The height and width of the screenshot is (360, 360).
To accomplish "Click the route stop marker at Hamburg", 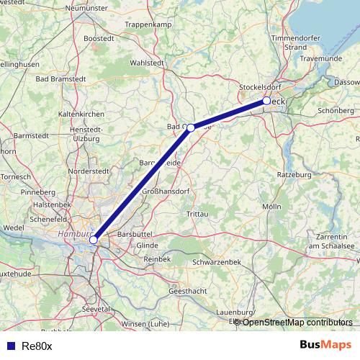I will coord(94,240).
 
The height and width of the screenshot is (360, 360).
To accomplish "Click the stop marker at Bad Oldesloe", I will coord(191,127).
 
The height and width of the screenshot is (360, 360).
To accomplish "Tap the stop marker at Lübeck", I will coord(266,101).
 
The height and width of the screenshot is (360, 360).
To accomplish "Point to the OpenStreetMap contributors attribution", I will coord(297,323).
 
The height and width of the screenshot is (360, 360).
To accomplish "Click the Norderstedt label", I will coord(88,171).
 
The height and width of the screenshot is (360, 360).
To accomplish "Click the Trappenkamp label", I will coord(145,24).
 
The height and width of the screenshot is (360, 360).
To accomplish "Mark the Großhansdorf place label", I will coord(163,192).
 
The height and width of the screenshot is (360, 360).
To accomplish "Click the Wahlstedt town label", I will coord(145,63).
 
